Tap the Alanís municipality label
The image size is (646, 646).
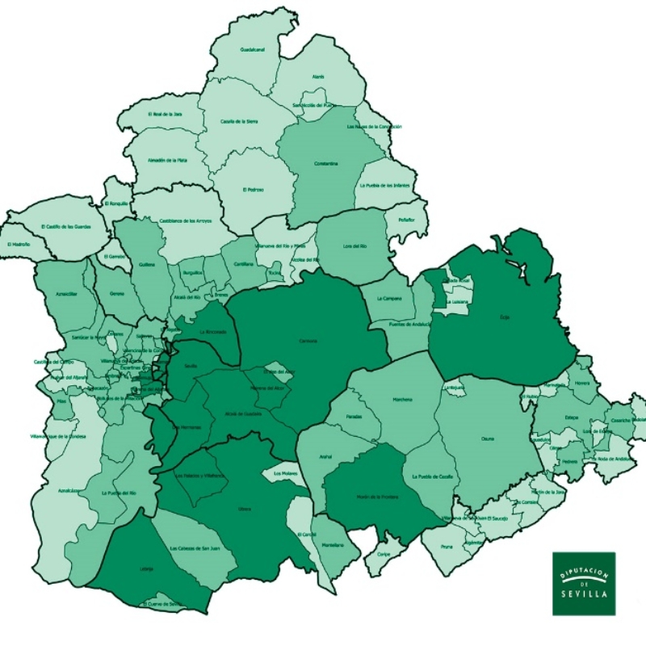pos(318,77)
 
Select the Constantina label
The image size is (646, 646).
pos(325,164)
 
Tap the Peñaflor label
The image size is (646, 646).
pos(405,220)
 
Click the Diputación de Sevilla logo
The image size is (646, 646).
pos(583,583)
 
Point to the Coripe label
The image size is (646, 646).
pos(384,554)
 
